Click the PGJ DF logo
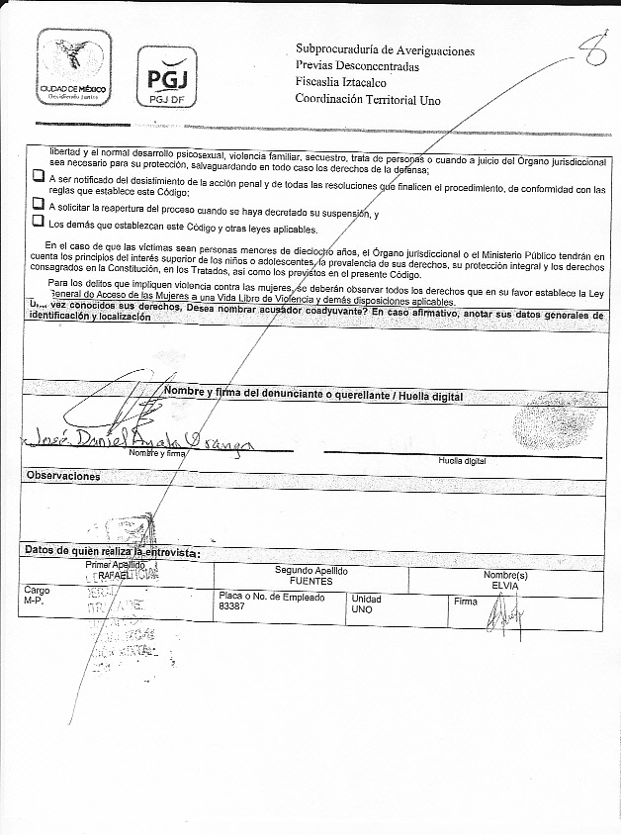165,76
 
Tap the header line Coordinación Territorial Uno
367,99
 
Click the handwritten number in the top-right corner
593,56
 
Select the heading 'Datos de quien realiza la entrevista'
112,552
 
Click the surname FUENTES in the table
310,582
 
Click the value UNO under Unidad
362,610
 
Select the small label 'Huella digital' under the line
462,461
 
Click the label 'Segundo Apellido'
310,571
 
